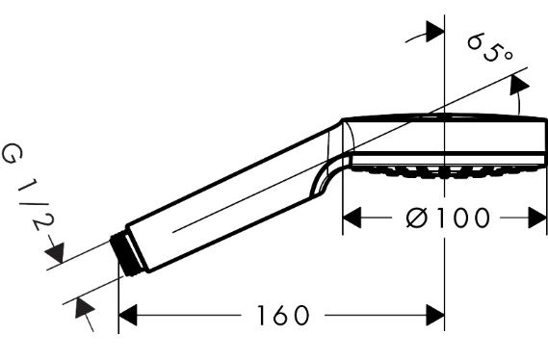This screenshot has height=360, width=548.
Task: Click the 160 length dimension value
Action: (x=283, y=315)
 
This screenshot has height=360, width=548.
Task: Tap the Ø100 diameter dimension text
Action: (x=448, y=218)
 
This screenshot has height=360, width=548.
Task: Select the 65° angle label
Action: (x=490, y=47)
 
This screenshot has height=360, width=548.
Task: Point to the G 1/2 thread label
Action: (x=27, y=189)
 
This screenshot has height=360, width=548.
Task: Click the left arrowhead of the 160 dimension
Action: (x=127, y=315)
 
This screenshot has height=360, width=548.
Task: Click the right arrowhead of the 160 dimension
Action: (x=435, y=315)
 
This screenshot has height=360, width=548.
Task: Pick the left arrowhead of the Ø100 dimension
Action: (x=352, y=218)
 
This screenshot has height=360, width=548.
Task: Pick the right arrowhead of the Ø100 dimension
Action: (x=536, y=218)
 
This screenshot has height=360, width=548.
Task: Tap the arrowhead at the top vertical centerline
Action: (x=435, y=32)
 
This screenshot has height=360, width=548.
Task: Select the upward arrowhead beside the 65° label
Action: (x=519, y=85)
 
